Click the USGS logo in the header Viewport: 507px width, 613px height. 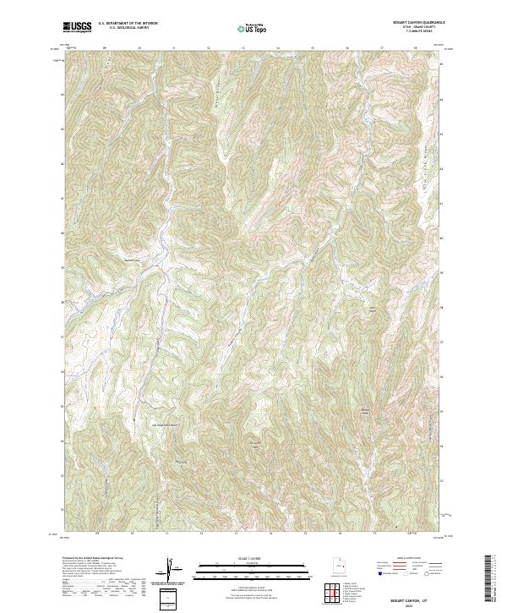(78, 27)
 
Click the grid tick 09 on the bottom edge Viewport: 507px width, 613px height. (98, 534)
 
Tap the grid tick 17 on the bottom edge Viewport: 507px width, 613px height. (373, 534)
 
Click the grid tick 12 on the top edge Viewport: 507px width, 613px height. (208, 48)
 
